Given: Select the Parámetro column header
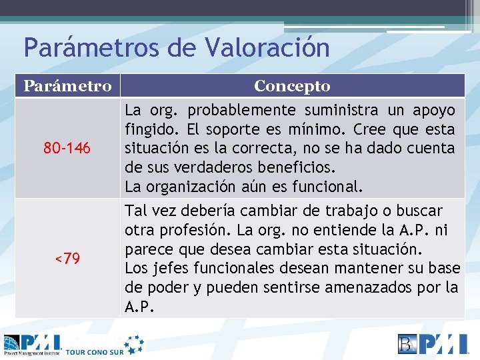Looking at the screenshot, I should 67,86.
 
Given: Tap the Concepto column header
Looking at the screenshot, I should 292,86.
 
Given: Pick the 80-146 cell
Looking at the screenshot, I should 67,147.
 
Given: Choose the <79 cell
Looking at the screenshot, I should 67,258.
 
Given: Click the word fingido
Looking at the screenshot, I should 147,129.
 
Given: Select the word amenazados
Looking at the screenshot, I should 382,288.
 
